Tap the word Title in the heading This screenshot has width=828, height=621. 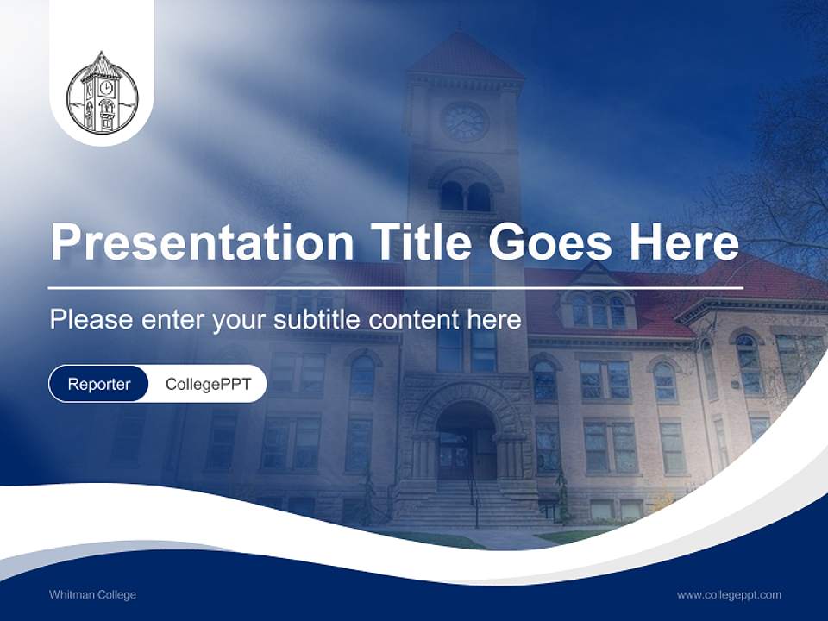click(x=414, y=242)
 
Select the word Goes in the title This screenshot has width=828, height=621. click(x=549, y=242)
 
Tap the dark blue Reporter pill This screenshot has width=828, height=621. click(x=99, y=384)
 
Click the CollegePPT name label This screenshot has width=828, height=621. click(x=208, y=384)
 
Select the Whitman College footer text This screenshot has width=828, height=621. click(x=93, y=594)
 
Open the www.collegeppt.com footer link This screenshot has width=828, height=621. click(x=729, y=594)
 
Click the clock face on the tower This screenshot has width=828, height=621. click(x=465, y=122)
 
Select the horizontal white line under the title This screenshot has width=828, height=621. click(x=396, y=286)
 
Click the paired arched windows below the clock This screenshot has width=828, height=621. click(x=465, y=197)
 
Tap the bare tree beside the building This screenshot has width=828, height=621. click(x=776, y=190)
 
